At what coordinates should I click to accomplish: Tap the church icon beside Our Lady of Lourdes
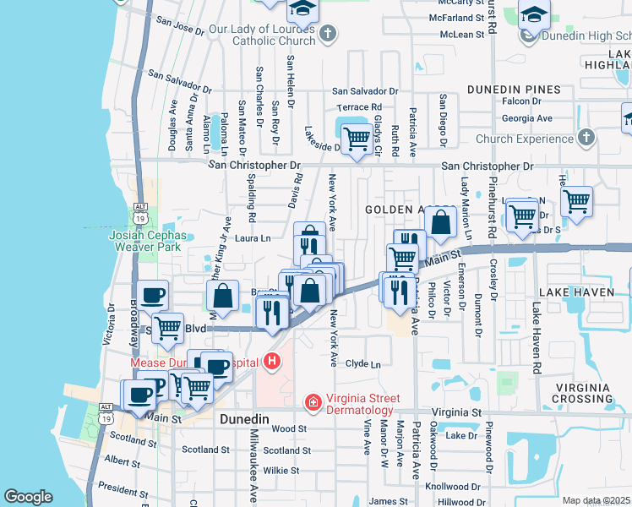tap(329, 34)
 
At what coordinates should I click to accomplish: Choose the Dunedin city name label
tap(244, 419)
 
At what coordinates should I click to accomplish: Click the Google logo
tap(28, 497)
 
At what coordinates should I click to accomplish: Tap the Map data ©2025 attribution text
tap(596, 500)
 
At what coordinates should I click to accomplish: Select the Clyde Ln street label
tap(363, 364)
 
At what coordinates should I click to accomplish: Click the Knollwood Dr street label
tap(452, 488)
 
